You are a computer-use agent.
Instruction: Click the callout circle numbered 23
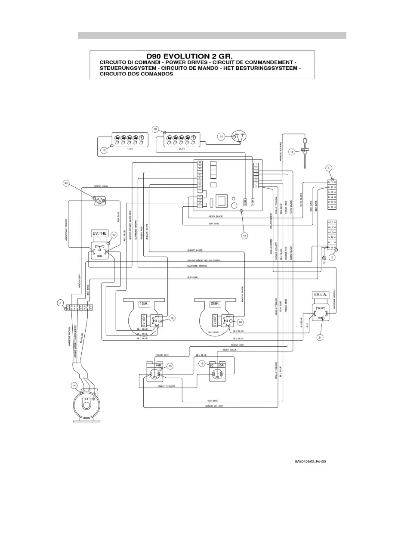(x=221, y=137)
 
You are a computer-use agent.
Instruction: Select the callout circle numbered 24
(x=66, y=183)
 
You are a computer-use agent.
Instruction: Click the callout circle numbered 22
(x=114, y=235)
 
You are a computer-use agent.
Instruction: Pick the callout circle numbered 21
(x=320, y=337)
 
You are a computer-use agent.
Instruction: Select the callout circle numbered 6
(x=61, y=302)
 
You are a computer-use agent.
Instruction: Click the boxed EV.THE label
(x=99, y=233)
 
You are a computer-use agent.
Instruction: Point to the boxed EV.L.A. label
(x=321, y=295)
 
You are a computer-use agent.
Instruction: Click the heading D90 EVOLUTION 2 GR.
(x=189, y=56)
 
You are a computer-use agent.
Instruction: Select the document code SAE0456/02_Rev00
(x=310, y=461)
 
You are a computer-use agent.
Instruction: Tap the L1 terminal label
(x=332, y=222)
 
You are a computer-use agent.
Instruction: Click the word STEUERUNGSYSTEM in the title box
(x=126, y=68)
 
